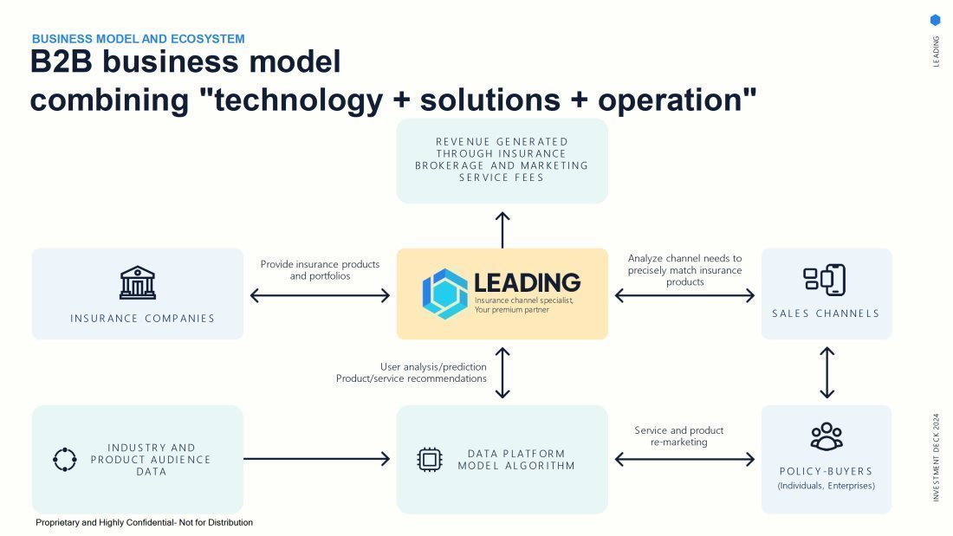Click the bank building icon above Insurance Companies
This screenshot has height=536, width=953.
click(138, 282)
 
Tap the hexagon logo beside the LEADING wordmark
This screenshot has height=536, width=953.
click(445, 294)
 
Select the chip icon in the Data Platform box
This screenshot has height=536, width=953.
click(430, 460)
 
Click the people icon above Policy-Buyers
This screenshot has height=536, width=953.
click(827, 436)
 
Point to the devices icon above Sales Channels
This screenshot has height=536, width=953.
click(825, 280)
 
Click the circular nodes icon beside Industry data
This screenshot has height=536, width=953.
click(64, 460)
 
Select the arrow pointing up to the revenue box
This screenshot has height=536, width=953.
click(502, 229)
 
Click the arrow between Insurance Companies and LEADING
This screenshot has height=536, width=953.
click(320, 296)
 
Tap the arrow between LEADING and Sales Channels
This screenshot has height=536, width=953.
click(684, 296)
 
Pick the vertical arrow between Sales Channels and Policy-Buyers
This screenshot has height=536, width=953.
click(827, 372)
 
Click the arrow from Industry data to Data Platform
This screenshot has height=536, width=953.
click(316, 459)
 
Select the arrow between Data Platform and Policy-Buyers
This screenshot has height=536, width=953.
click(684, 460)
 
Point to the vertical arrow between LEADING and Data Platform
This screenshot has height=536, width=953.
click(502, 372)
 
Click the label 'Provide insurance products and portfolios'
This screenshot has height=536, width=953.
click(320, 270)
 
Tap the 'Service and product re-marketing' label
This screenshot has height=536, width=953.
click(679, 436)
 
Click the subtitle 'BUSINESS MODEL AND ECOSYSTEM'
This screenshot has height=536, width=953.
click(138, 39)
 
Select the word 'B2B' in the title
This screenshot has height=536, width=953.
click(61, 61)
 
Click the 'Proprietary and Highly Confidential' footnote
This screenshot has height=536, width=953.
click(144, 523)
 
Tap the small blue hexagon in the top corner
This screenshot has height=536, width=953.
click(936, 20)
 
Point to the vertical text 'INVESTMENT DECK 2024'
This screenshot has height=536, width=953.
click(936, 457)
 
